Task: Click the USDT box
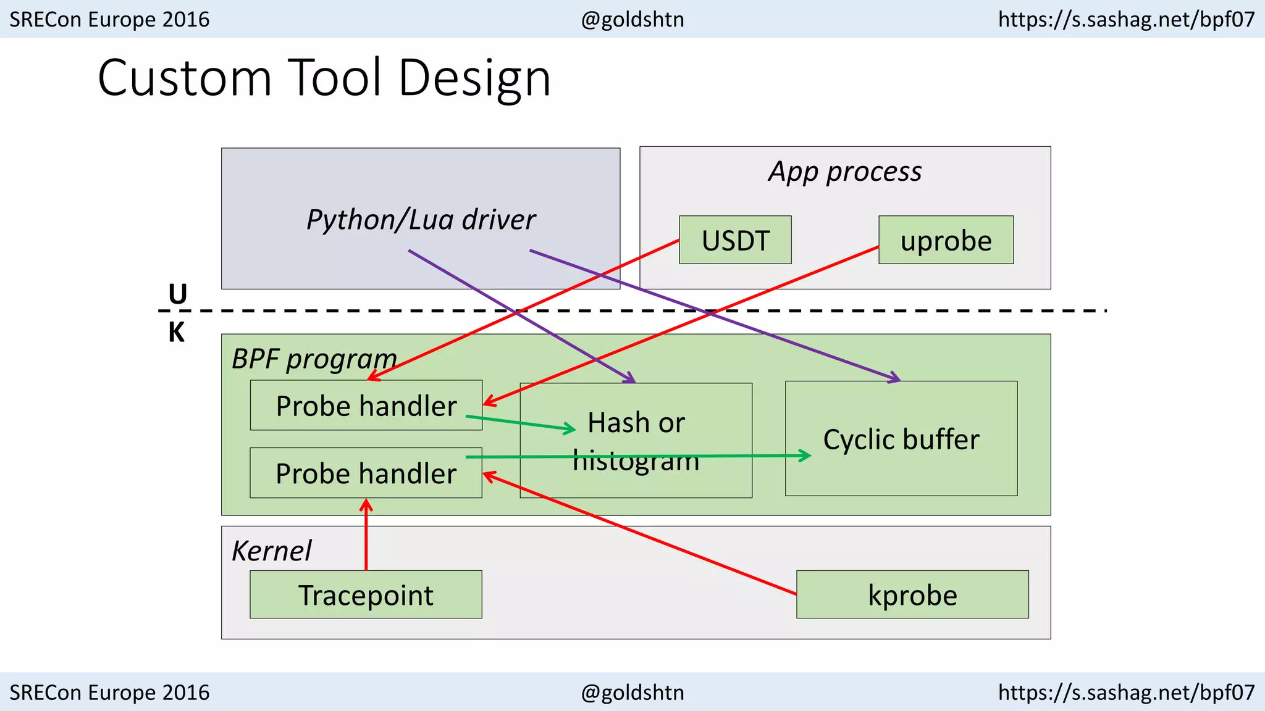click(735, 240)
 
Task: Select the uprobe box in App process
click(946, 240)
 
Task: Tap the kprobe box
click(912, 594)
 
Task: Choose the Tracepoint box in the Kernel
click(366, 594)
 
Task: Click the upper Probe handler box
click(366, 405)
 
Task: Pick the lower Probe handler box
click(366, 473)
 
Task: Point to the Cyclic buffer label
click(901, 439)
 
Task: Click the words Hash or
click(636, 423)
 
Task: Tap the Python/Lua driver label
click(421, 220)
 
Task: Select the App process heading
click(844, 172)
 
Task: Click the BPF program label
click(314, 359)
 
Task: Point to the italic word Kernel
click(271, 551)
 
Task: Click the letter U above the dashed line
click(177, 294)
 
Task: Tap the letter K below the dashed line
click(176, 333)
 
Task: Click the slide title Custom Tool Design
click(324, 78)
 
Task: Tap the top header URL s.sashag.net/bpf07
click(1126, 19)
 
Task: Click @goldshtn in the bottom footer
click(632, 692)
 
